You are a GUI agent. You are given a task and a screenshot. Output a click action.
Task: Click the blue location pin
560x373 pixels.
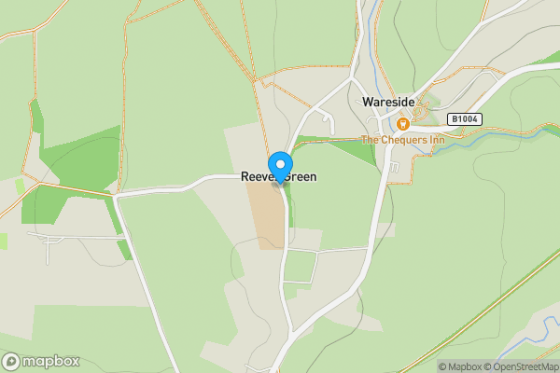[x=279, y=166]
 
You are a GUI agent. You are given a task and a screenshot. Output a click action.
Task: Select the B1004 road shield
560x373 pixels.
[x=463, y=119]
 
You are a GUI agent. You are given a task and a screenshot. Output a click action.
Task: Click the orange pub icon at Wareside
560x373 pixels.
[x=403, y=123]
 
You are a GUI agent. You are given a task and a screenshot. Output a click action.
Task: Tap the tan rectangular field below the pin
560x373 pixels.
[x=264, y=214]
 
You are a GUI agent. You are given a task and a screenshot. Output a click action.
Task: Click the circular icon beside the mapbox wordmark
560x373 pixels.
[x=11, y=361]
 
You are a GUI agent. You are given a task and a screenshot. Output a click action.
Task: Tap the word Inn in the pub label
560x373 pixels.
[x=431, y=140]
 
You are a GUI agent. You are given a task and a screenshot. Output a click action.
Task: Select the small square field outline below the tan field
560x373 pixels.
[x=300, y=268]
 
